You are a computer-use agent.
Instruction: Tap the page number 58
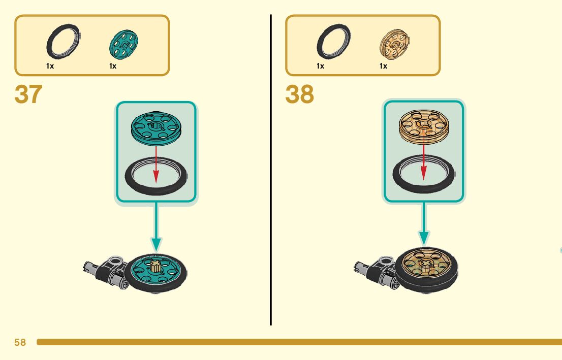click(20, 343)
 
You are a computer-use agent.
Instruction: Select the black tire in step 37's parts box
click(63, 43)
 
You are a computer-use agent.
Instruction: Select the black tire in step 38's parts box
click(333, 43)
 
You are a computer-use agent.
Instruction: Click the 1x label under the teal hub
click(113, 66)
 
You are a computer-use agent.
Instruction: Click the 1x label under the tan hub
click(383, 66)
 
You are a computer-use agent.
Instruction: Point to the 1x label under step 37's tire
click(50, 66)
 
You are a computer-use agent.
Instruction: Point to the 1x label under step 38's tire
click(320, 66)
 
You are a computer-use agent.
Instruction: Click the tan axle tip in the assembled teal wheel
click(157, 265)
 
